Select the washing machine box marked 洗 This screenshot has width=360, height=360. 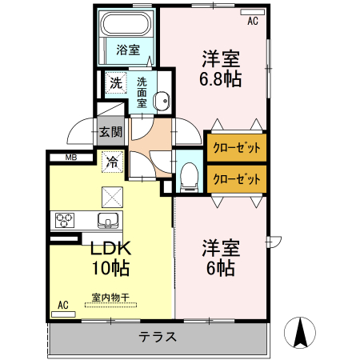(116, 82)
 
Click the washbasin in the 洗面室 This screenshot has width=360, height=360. (161, 101)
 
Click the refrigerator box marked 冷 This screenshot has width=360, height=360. (113, 161)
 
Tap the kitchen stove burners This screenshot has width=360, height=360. (65, 219)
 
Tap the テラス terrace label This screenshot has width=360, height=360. (157, 337)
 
